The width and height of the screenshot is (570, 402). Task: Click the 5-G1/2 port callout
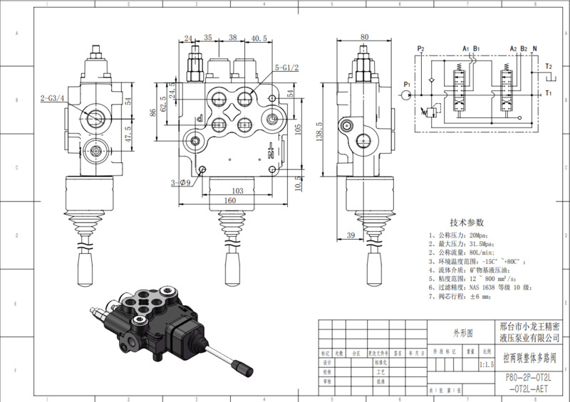click(x=286, y=67)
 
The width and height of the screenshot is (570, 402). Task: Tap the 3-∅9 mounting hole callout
click(x=181, y=183)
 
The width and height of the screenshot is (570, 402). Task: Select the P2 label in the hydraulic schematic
click(x=420, y=49)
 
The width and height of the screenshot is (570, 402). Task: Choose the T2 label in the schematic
click(x=548, y=66)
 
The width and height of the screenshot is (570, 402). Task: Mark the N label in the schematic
click(x=535, y=49)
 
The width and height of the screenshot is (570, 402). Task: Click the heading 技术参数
click(x=467, y=223)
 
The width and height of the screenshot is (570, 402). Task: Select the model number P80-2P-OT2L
click(x=532, y=379)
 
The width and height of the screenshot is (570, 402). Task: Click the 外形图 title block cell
click(x=463, y=333)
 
